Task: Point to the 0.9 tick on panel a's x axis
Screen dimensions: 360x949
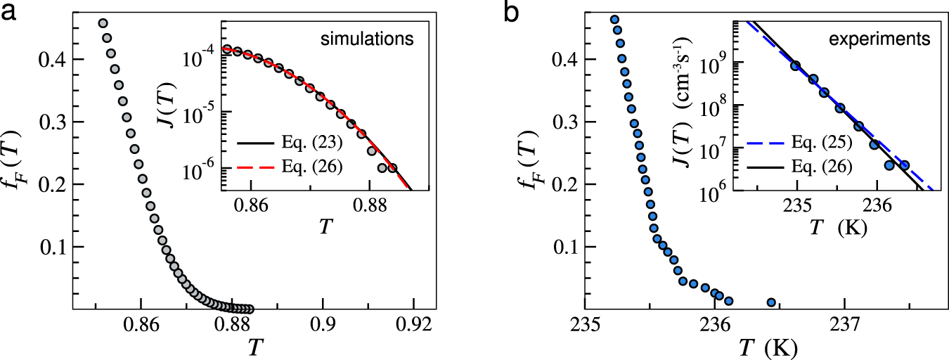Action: click(x=323, y=326)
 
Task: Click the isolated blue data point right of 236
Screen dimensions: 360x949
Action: click(x=771, y=302)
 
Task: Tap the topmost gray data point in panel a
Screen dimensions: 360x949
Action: click(x=103, y=23)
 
